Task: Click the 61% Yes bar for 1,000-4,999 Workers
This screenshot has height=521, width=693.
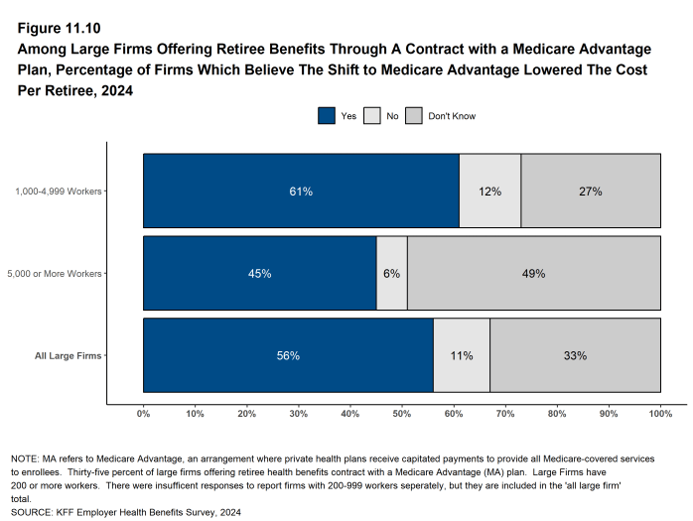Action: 301,192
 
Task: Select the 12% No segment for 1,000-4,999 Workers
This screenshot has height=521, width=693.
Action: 489,192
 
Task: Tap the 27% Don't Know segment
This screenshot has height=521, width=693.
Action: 591,192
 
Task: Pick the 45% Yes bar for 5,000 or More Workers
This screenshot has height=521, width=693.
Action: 260,273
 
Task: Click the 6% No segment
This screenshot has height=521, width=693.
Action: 392,273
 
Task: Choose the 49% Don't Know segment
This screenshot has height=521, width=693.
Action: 534,273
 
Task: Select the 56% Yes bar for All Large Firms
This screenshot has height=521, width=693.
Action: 288,355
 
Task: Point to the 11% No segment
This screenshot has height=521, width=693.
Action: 461,355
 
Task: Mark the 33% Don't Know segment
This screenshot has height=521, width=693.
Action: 575,355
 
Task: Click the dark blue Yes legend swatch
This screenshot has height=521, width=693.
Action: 327,116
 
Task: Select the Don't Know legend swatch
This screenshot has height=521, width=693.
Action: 414,116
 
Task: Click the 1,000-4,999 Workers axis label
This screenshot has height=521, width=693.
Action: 59,192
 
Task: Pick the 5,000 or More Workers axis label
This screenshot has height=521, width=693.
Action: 56,273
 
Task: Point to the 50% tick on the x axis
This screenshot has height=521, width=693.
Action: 402,413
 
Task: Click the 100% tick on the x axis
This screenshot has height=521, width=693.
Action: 660,413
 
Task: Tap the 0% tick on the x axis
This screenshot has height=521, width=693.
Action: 143,413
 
